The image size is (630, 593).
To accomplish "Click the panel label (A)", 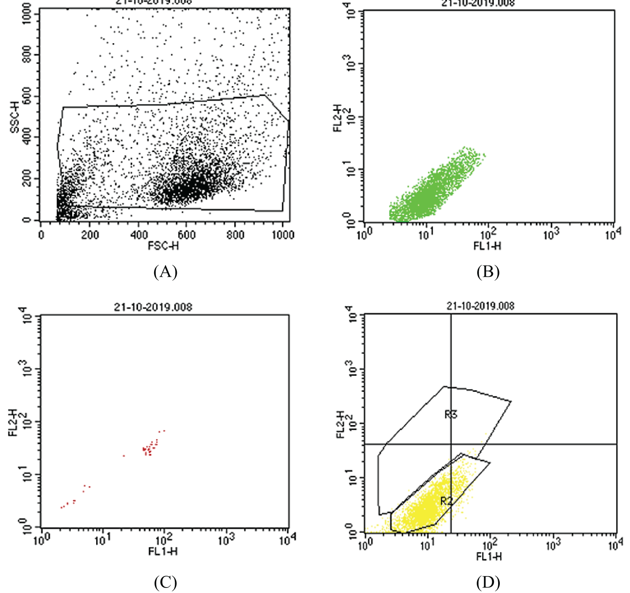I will [165, 272].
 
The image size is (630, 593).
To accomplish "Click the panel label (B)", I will [488, 272].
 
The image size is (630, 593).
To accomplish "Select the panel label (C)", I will [165, 583].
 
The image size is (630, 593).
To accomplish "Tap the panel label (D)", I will [488, 583].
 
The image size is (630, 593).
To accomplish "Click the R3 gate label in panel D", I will [451, 415].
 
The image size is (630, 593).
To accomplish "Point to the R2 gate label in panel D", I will [446, 501].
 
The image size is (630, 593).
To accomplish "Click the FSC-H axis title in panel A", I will [163, 246].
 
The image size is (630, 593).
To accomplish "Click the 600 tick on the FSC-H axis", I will [186, 234].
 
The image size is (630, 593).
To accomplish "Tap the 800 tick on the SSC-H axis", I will [27, 54].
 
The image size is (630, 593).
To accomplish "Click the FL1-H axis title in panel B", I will [487, 246].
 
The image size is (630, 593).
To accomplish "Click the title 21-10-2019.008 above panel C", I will [153, 307].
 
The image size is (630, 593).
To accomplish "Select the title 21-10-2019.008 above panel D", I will [480, 306].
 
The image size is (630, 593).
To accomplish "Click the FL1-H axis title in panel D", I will [489, 556].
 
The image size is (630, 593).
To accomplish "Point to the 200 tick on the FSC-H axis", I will [89, 234].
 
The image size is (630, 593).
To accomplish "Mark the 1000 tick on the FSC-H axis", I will [283, 234].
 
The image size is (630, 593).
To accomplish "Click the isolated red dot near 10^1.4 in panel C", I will [124, 456].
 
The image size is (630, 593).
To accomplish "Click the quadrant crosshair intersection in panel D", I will [451, 444].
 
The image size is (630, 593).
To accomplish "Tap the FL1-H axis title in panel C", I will [163, 551].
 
